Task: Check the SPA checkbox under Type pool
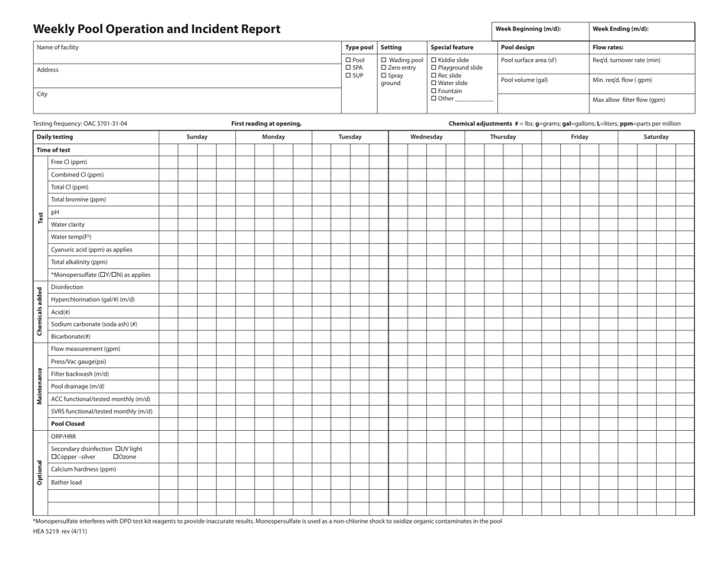(x=349, y=67)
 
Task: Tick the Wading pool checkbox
(x=384, y=60)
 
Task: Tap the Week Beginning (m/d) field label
(x=528, y=29)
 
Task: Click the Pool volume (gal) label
(x=524, y=80)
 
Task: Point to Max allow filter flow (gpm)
(x=628, y=100)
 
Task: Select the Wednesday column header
(x=426, y=136)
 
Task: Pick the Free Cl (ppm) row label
(x=69, y=162)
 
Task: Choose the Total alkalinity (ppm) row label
(x=80, y=261)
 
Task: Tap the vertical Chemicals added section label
(x=39, y=312)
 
